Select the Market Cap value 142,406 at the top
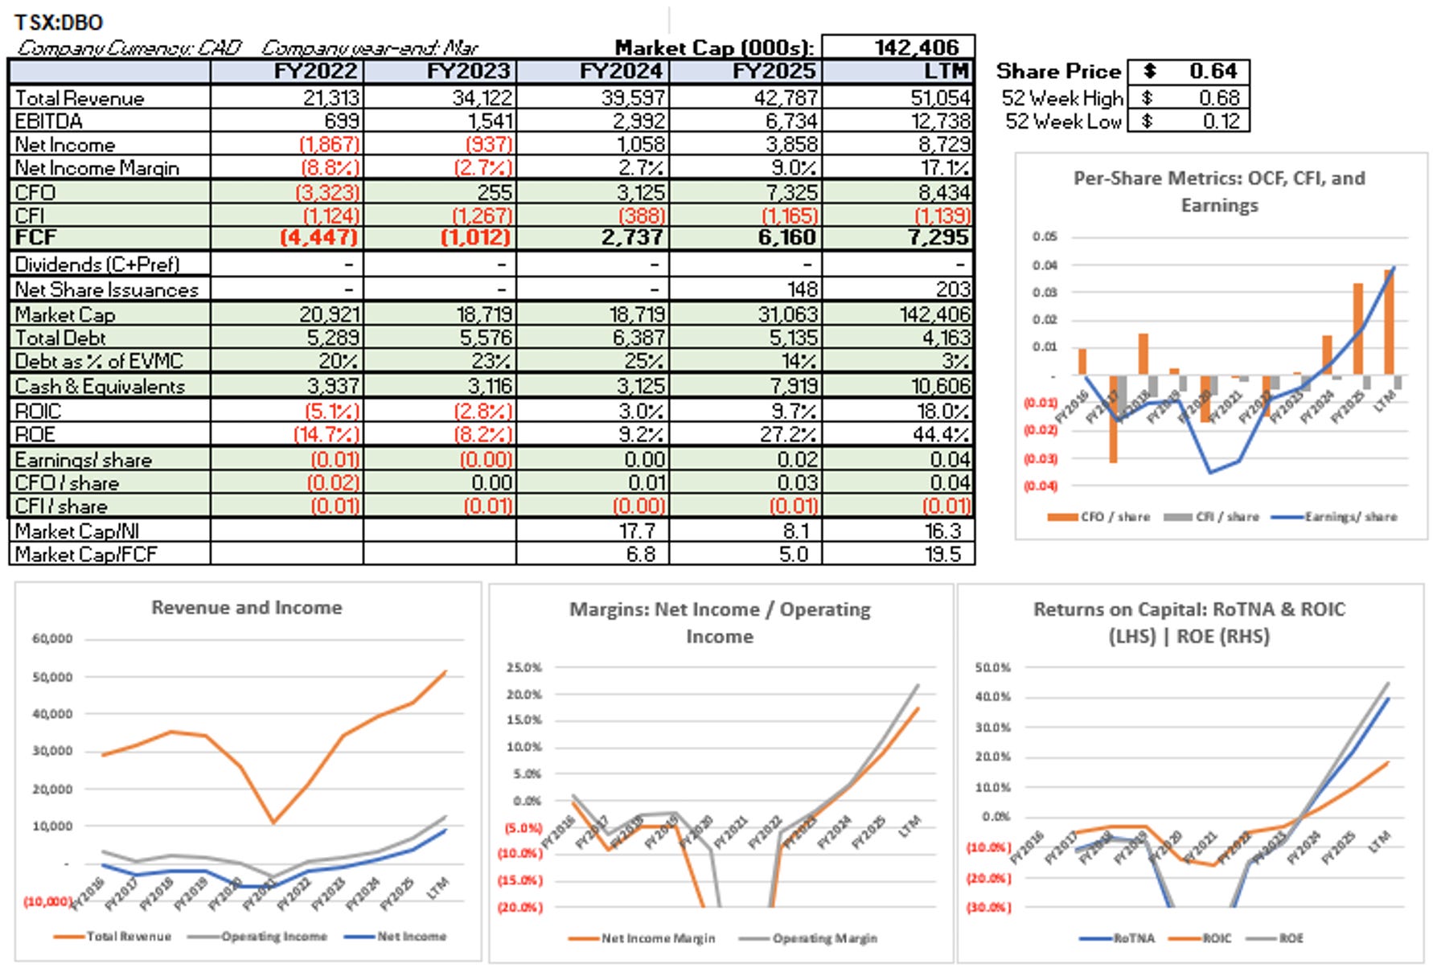click(x=917, y=47)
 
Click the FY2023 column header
click(x=468, y=71)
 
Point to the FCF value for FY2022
click(x=319, y=238)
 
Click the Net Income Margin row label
click(x=96, y=168)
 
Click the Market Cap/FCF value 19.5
click(x=945, y=555)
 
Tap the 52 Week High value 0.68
click(x=1219, y=98)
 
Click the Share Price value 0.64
click(x=1213, y=72)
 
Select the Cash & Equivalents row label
click(x=100, y=387)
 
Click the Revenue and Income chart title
click(x=247, y=608)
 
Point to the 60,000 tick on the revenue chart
click(x=52, y=639)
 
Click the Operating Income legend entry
click(x=273, y=937)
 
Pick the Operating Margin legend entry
click(x=824, y=938)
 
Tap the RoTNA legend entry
click(x=1133, y=938)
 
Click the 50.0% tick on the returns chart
click(x=992, y=667)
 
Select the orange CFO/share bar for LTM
click(x=1389, y=322)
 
